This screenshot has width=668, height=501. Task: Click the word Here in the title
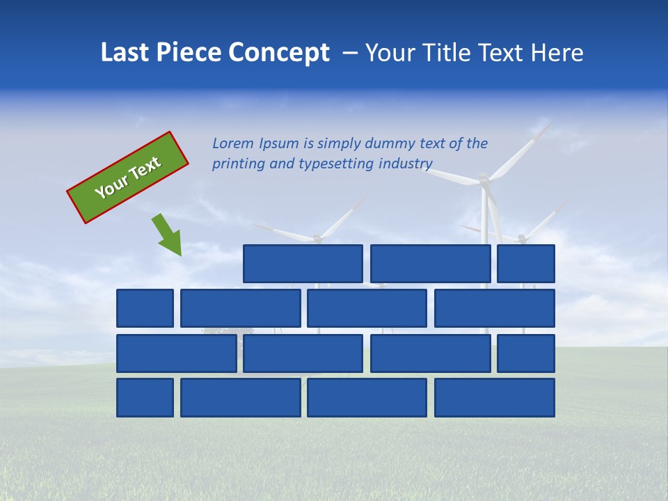(557, 52)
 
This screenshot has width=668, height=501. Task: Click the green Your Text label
(128, 177)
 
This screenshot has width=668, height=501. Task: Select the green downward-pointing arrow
(168, 235)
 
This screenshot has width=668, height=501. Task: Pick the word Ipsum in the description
(279, 144)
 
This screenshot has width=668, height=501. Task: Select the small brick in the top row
(526, 264)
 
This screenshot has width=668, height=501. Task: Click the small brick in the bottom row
(145, 397)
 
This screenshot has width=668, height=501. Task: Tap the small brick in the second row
(145, 308)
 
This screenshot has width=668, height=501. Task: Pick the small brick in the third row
(526, 353)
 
